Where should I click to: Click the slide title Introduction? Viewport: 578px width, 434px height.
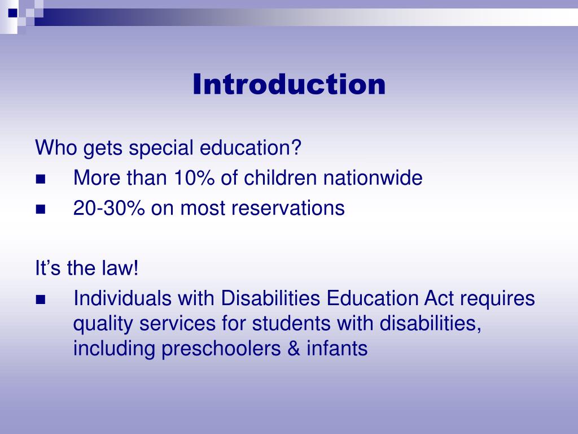click(289, 85)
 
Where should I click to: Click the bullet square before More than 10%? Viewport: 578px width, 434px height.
click(40, 180)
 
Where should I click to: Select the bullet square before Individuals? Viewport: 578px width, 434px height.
click(40, 300)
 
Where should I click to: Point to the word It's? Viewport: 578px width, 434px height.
click(49, 268)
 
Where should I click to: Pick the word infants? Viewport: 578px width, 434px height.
click(337, 349)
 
